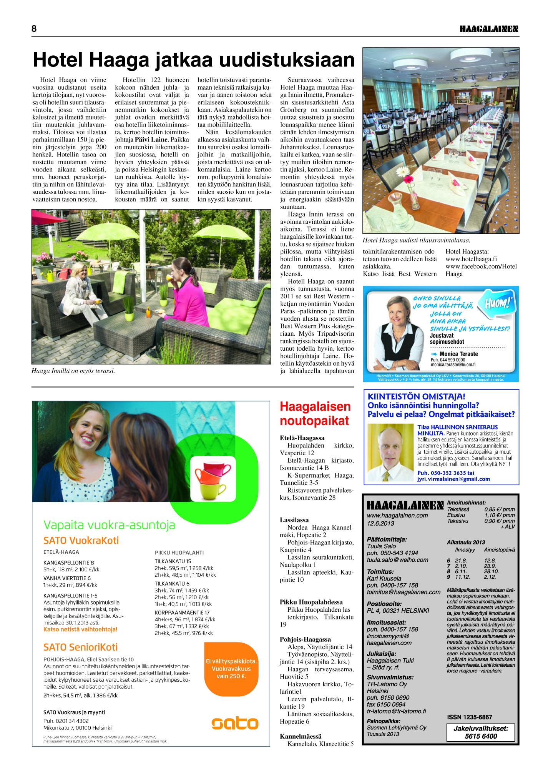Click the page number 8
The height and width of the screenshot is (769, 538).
click(34, 29)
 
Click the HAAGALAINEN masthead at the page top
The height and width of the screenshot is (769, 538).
click(489, 29)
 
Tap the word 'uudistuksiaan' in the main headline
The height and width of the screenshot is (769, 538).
click(287, 60)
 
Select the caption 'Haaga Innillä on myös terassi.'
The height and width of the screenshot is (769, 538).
click(73, 371)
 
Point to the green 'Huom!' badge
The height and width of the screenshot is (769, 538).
click(499, 305)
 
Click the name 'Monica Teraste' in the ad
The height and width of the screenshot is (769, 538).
click(458, 354)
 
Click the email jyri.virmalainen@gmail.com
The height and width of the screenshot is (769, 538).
click(453, 479)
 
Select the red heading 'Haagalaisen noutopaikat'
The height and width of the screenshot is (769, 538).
click(315, 413)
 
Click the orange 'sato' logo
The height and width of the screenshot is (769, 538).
click(235, 723)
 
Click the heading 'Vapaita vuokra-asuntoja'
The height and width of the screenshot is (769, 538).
click(109, 525)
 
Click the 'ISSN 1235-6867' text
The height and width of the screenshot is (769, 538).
click(469, 717)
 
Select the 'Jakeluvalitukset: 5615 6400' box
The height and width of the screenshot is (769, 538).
click(480, 732)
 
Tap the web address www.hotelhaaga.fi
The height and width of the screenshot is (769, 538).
click(471, 259)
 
